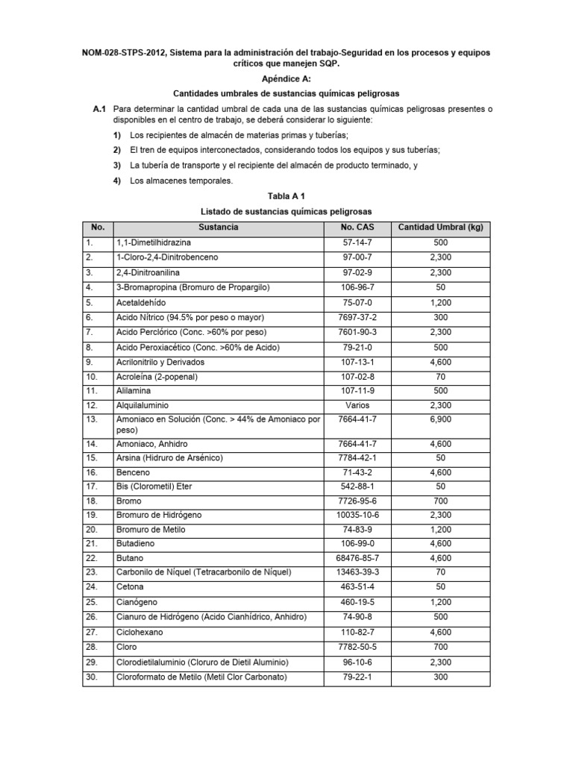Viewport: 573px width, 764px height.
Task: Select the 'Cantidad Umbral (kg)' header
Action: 440,227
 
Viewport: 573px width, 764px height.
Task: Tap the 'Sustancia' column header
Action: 219,227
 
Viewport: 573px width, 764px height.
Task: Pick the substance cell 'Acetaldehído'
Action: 141,302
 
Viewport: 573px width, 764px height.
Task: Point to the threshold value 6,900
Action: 440,420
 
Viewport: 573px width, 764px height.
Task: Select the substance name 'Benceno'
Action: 131,472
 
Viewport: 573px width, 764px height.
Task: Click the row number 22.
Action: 92,558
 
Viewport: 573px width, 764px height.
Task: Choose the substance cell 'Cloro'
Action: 127,648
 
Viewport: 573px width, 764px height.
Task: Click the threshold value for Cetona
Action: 440,588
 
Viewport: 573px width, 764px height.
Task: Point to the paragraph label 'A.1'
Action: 101,109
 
